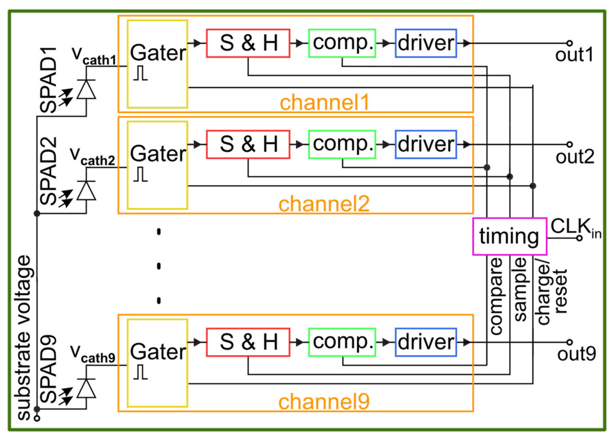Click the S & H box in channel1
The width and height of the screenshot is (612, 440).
tap(248, 43)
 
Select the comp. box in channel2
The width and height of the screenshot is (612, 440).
tap(342, 144)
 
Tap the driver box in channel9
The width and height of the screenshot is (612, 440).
tap(426, 342)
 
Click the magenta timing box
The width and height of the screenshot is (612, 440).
tap(509, 236)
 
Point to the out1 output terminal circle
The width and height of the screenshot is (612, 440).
tap(569, 43)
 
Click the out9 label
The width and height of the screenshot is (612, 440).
tap(576, 354)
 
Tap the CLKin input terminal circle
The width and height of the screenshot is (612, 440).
tap(579, 238)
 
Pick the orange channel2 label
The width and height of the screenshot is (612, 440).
tap(324, 204)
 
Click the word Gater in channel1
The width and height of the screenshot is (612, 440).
tap(158, 53)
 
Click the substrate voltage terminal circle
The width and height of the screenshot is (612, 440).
tap(37, 418)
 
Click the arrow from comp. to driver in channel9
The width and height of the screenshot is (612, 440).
tap(386, 342)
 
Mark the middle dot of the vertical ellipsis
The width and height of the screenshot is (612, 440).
tap(159, 266)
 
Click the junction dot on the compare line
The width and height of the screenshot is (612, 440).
tap(487, 168)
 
